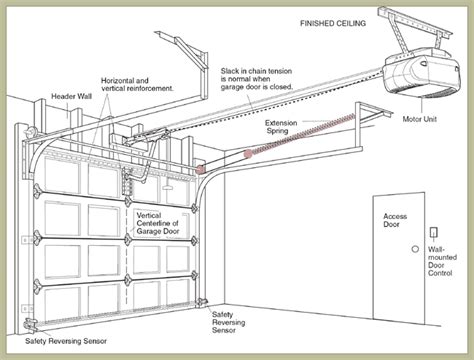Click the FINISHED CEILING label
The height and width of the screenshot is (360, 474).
pos(333,23)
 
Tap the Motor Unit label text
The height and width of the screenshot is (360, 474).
pos(419,119)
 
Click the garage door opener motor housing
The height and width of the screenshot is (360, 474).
pos(422,73)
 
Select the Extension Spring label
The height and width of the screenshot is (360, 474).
pos(281,127)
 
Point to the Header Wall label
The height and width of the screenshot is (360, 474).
pos(71,97)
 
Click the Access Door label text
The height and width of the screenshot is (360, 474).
pos(395,220)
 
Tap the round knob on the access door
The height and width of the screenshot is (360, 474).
pos(415,249)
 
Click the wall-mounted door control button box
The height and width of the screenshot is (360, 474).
pos(434,232)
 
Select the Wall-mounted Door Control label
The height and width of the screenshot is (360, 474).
pos(442,261)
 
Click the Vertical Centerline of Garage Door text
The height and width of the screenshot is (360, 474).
pos(158,223)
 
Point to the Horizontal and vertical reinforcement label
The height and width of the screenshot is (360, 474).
pos(137,85)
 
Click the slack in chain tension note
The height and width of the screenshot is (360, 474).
pos(256,79)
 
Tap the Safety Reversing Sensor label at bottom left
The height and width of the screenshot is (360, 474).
pos(66,341)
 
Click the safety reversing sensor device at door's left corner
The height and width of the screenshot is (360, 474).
pos(30,324)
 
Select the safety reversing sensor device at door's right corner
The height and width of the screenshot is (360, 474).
pos(202,302)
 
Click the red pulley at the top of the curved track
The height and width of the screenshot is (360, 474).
pos(200,169)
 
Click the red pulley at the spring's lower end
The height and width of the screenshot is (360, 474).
pos(248,154)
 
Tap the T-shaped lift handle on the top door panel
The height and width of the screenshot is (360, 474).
pos(167,187)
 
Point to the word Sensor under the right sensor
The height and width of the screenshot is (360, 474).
pos(224,330)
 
